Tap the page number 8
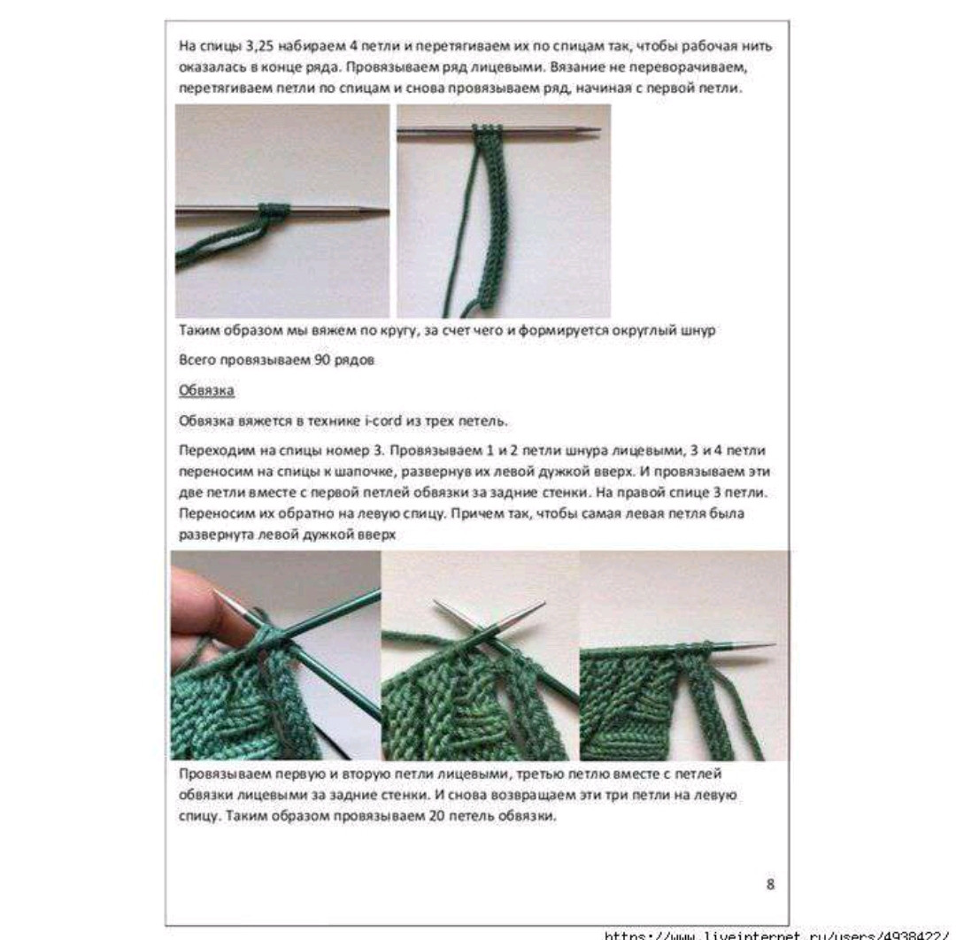coord(770,883)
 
